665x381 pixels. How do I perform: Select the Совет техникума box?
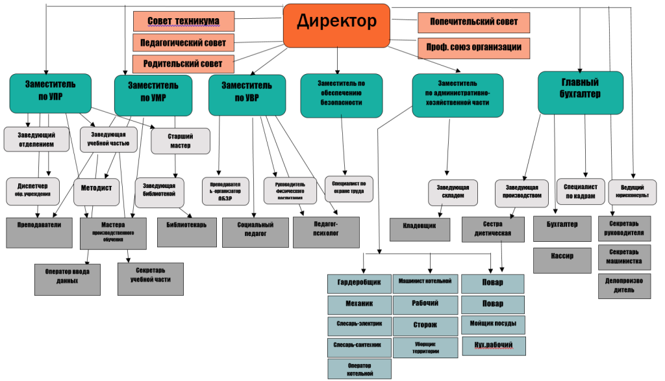pyautogui.click(x=184, y=21)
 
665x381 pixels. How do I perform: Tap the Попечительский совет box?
pyautogui.click(x=473, y=22)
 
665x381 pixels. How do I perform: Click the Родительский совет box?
pyautogui.click(x=183, y=64)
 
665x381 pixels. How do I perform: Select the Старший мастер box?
pyautogui.click(x=181, y=140)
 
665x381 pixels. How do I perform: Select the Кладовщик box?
pyautogui.click(x=420, y=230)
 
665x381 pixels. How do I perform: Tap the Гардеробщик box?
pyautogui.click(x=359, y=283)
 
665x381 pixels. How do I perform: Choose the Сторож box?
pyautogui.click(x=425, y=324)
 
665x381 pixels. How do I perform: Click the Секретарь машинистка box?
pyautogui.click(x=623, y=256)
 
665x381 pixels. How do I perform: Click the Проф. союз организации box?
pyautogui.click(x=473, y=48)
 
